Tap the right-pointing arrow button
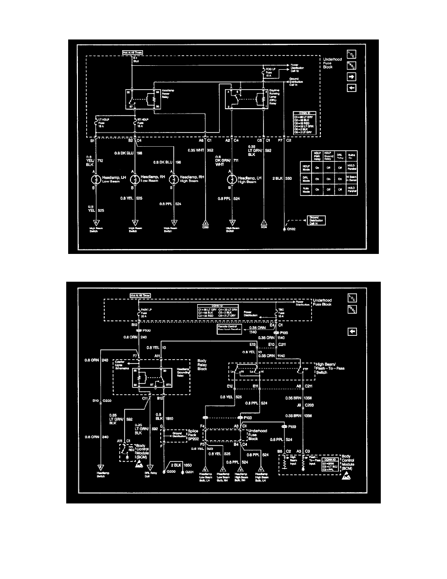(x=352, y=77)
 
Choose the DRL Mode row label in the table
(x=307, y=178)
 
